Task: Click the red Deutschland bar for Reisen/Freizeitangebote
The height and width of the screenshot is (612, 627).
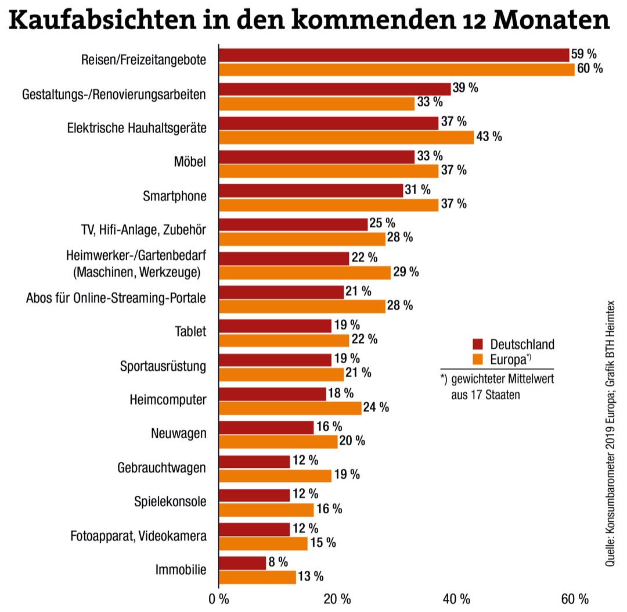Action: (394, 55)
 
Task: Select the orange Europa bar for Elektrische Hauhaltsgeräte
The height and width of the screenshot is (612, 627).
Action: (346, 137)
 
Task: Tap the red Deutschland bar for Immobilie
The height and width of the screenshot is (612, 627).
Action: (242, 563)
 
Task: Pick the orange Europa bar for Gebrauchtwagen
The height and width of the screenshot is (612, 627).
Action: (275, 475)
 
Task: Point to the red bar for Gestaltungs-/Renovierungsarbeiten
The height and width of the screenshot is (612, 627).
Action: (334, 88)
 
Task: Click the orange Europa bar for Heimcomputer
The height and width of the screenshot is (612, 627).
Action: (290, 408)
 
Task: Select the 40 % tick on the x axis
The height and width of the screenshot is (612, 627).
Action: (456, 599)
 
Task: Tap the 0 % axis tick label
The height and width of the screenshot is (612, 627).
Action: (218, 599)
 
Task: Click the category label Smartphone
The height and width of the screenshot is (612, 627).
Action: (174, 196)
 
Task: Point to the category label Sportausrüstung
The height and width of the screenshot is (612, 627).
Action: (163, 367)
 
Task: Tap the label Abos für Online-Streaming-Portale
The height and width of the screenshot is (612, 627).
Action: (116, 298)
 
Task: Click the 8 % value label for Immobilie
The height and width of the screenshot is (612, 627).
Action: (278, 562)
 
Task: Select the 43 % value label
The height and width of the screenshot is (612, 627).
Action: (488, 137)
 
